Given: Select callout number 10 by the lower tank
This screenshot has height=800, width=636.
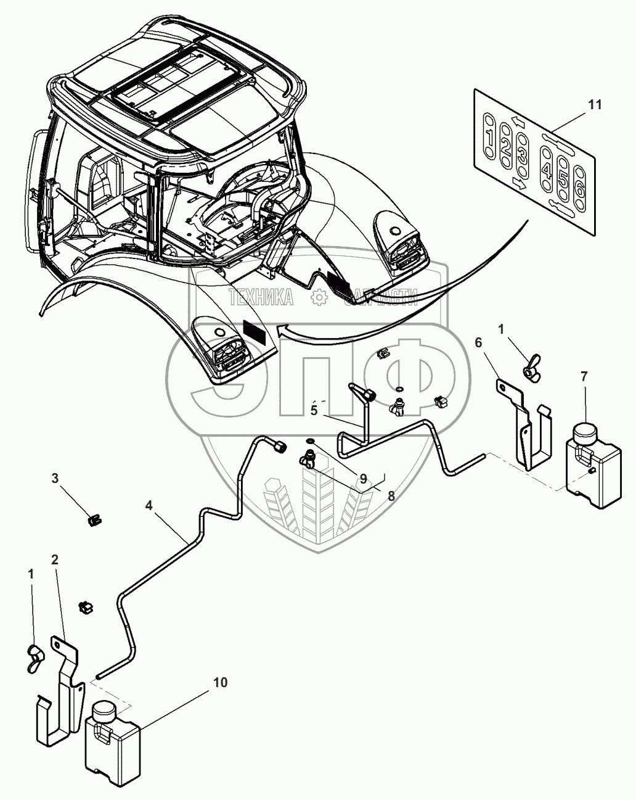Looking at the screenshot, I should [221, 682].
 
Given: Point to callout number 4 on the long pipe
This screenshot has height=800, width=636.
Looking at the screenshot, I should [149, 505].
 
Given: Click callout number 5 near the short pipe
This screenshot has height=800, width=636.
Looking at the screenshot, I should [314, 411].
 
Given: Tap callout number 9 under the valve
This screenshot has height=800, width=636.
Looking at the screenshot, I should [363, 478].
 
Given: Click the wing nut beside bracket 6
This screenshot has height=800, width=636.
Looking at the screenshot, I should [530, 368].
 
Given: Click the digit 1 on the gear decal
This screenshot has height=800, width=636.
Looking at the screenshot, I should [489, 136].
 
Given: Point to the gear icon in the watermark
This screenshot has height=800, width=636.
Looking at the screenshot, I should [319, 298].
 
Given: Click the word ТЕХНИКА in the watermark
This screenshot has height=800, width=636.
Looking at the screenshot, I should [261, 299].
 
